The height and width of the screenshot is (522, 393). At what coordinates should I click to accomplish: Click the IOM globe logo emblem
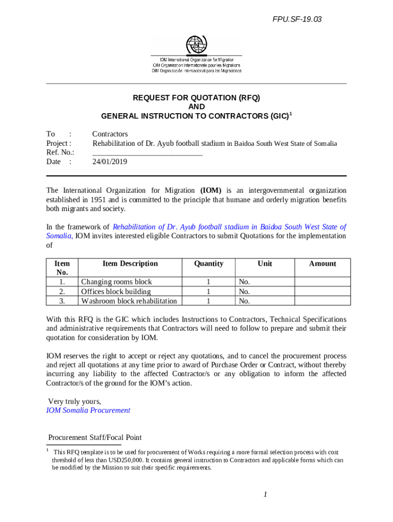[196, 45]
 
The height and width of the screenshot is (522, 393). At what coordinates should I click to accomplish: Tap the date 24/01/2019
[110, 162]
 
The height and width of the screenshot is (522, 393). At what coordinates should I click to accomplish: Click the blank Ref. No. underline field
[148, 152]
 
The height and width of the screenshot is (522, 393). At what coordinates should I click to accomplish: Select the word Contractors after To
[110, 134]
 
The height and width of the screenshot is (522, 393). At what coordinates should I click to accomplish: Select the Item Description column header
[130, 264]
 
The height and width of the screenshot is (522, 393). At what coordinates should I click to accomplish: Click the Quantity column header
[209, 264]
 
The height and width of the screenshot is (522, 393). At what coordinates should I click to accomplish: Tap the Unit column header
[265, 264]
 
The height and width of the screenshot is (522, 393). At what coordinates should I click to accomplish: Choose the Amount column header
[323, 264]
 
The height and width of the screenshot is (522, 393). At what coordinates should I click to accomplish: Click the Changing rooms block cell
[117, 282]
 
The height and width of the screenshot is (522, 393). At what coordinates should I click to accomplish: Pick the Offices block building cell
[116, 292]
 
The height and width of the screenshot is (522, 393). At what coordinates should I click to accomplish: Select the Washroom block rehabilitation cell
[129, 301]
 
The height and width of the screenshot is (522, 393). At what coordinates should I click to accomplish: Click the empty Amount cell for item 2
[323, 292]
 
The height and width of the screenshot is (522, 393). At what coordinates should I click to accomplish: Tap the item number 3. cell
[62, 301]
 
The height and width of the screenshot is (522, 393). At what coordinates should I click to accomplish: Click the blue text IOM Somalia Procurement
[88, 410]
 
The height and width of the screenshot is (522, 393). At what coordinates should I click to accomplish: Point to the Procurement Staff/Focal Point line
[95, 437]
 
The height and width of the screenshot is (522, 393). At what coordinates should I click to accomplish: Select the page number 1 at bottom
[266, 494]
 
